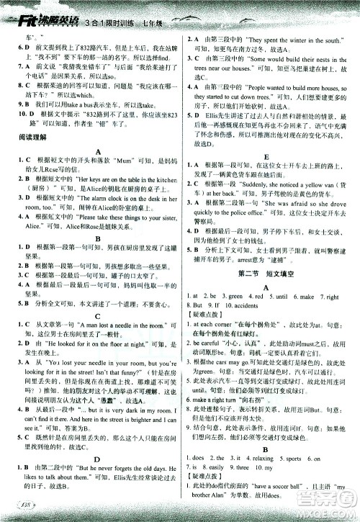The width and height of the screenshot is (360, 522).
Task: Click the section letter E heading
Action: click(266, 176)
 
